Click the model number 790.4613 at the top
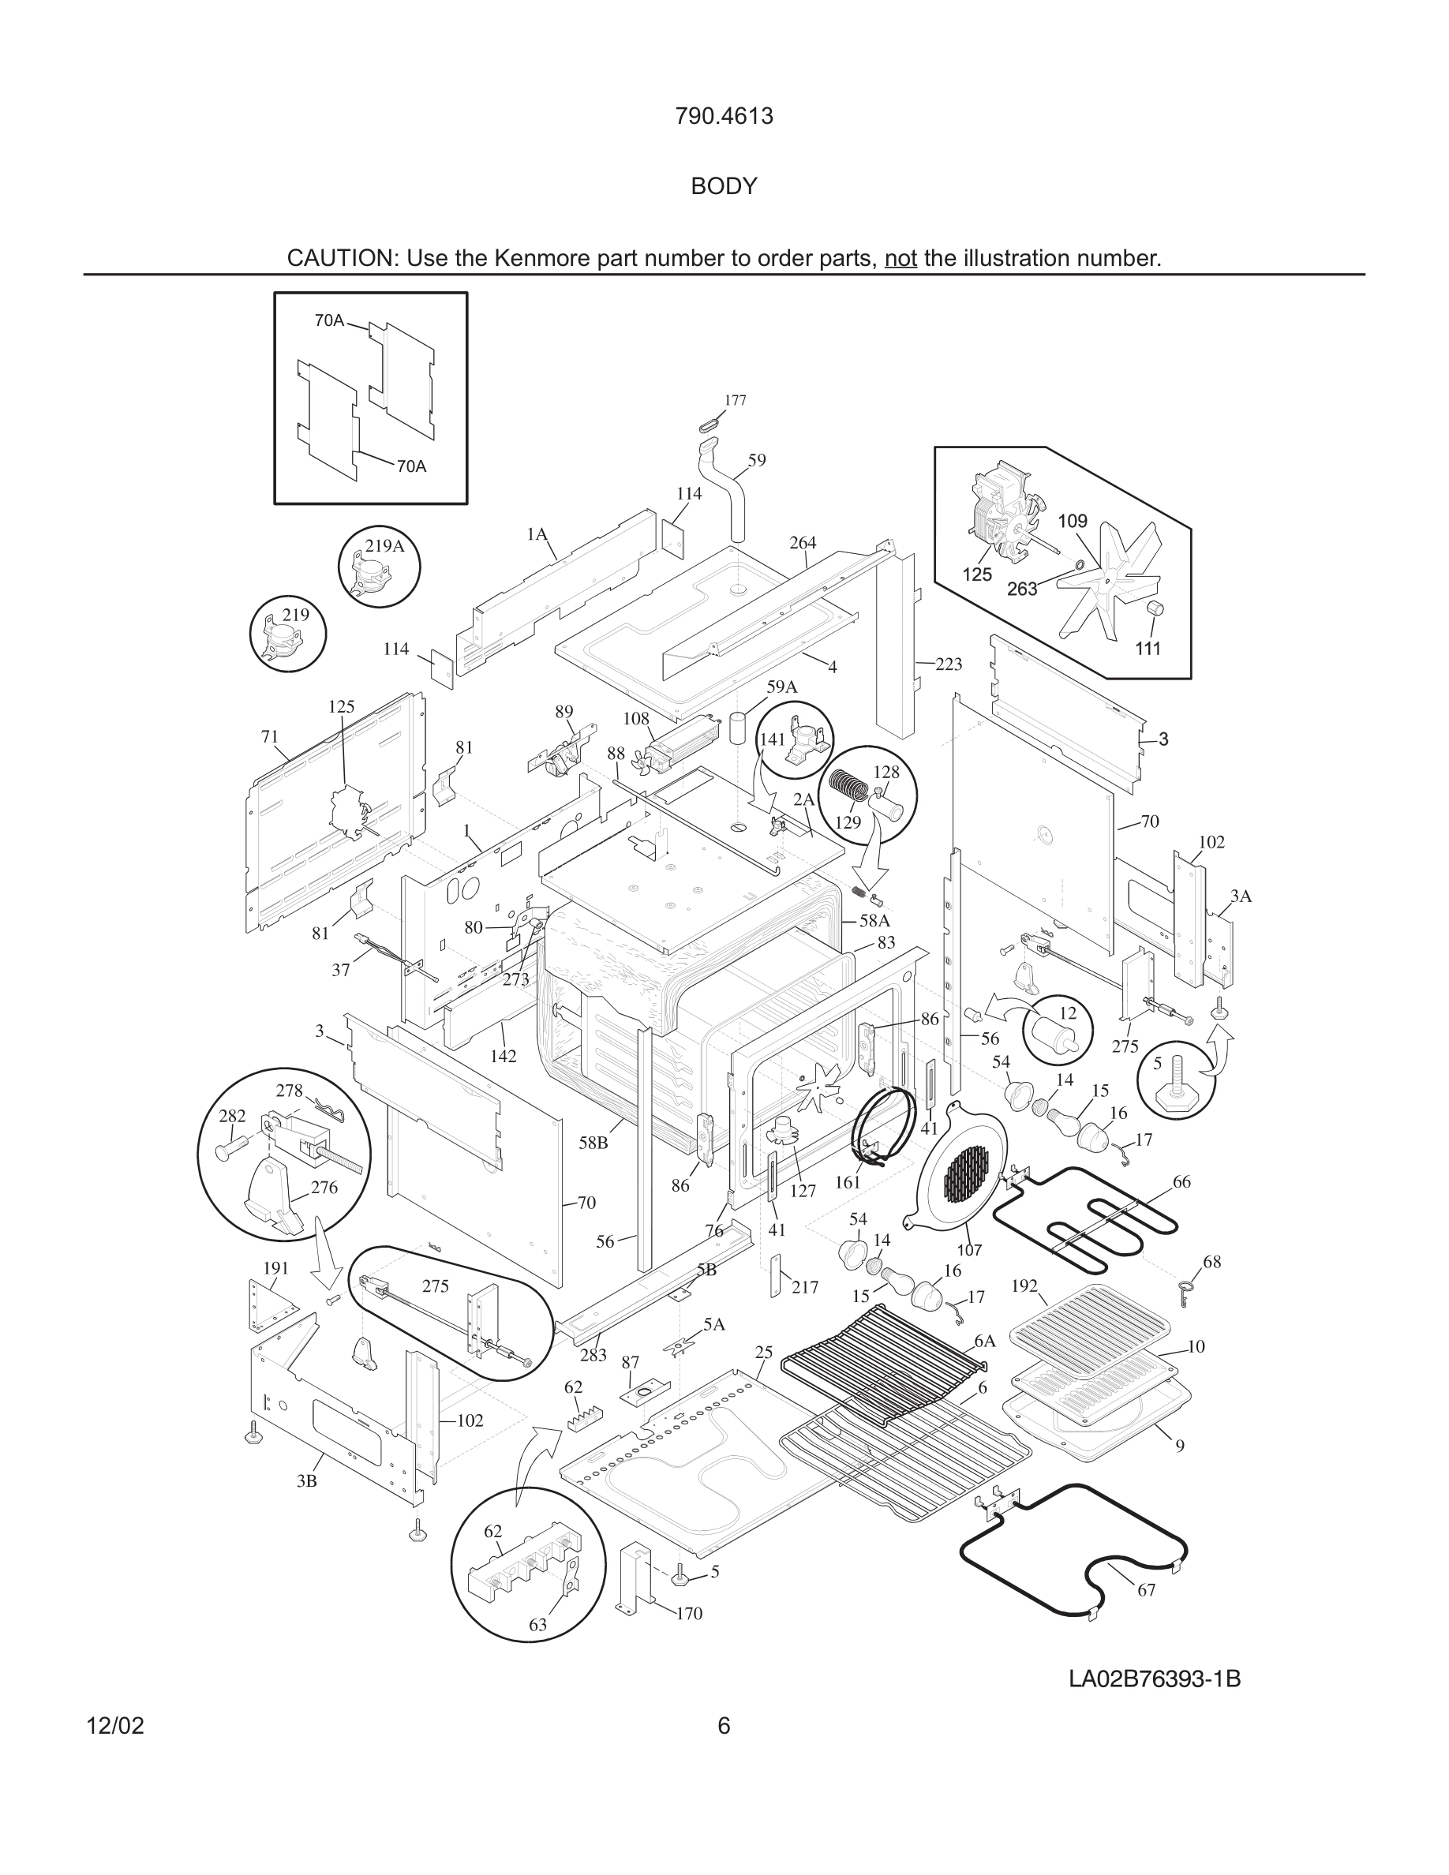[x=723, y=116]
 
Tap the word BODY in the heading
[x=724, y=186]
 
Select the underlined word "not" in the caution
[x=900, y=258]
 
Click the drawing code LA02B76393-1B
[x=1154, y=1679]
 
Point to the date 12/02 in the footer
[x=115, y=1726]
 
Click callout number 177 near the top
[x=735, y=400]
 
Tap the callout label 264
[x=803, y=543]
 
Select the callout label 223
[x=949, y=664]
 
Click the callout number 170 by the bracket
[x=688, y=1613]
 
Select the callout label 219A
[x=384, y=546]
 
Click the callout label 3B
[x=306, y=1481]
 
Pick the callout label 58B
[x=593, y=1143]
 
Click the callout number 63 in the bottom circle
[x=537, y=1624]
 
